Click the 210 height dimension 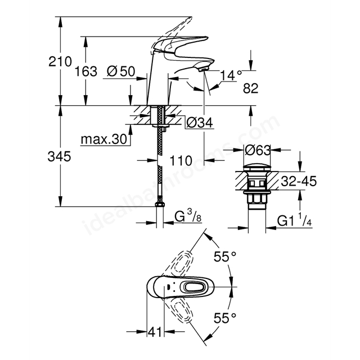point(60,61)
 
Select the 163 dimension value point(86,71)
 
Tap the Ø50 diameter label point(121,71)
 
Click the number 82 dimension point(251,88)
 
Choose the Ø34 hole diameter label point(200,123)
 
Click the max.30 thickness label point(103,139)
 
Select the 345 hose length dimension point(59,157)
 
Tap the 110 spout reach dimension point(181,160)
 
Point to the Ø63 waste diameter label point(258,150)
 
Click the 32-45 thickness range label point(299,181)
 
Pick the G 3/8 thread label point(188,217)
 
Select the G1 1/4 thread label point(295,220)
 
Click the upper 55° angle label point(225,256)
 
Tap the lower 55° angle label point(225,318)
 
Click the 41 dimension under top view point(155,331)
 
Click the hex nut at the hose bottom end point(160,204)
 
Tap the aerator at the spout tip point(204,68)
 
